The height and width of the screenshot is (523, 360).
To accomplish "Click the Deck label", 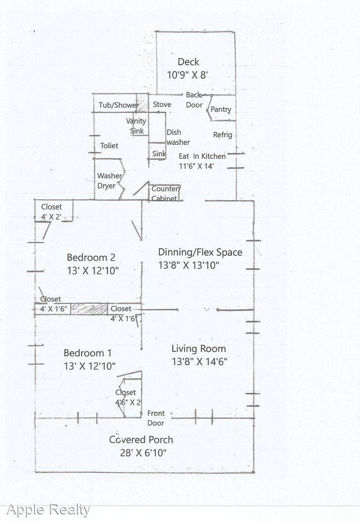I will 188,62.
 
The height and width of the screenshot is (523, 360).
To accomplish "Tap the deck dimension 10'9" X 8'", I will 188,75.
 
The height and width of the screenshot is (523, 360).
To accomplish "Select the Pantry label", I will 220,110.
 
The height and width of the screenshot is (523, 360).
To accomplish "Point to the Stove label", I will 162,105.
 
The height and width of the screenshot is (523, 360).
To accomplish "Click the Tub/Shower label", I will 119,105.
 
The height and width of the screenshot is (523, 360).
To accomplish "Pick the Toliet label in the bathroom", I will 109,146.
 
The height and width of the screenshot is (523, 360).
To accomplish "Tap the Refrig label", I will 222,135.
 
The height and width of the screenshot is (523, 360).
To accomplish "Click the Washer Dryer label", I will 109,181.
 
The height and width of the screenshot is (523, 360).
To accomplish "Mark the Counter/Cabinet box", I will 165,193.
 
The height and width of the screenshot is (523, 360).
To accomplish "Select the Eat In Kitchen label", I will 202,156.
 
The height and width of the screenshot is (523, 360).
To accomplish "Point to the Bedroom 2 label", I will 91,258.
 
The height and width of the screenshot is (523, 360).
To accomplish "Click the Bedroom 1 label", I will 88,353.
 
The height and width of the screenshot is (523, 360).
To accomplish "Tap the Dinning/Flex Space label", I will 200,252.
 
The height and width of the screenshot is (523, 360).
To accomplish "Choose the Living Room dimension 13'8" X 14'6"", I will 199,361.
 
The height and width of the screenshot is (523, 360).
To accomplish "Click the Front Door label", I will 156,418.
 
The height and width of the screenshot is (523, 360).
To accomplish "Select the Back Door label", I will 194,100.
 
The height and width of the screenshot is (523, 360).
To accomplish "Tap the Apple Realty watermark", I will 48,509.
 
